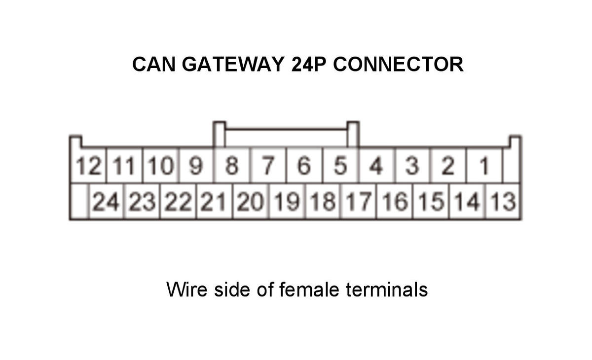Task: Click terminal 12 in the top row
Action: [88, 165]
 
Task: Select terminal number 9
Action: [196, 165]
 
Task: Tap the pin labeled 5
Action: [340, 165]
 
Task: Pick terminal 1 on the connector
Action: [484, 165]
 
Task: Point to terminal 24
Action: [106, 201]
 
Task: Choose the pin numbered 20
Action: [250, 201]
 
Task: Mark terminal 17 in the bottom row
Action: [359, 201]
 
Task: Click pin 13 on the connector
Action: [503, 201]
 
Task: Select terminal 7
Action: [268, 165]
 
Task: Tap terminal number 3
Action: [412, 165]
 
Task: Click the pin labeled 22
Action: [178, 201]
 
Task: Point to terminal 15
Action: [431, 201]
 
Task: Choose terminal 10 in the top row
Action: [161, 165]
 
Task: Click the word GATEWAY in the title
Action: [233, 64]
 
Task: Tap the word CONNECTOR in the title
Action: [398, 64]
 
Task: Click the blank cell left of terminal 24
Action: [79, 201]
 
